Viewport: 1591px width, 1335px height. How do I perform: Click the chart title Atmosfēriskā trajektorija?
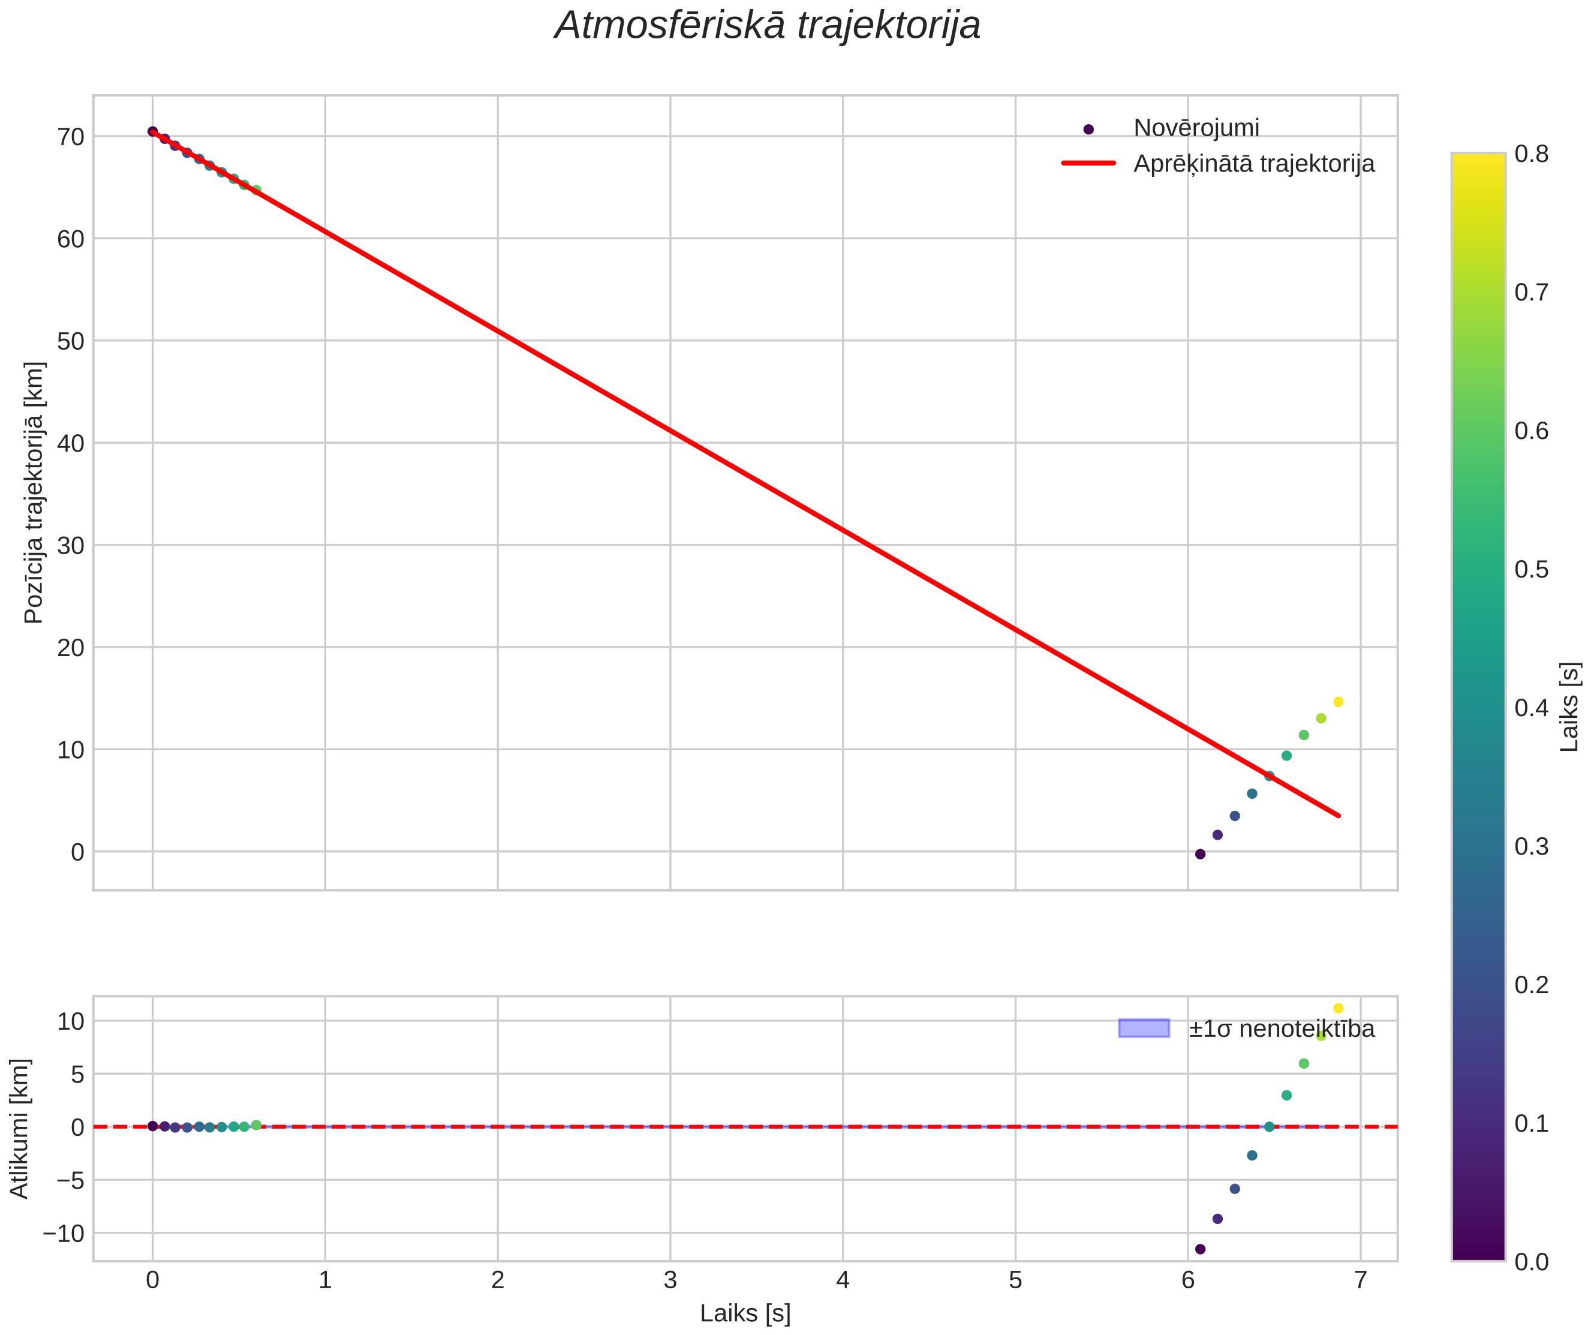(x=768, y=26)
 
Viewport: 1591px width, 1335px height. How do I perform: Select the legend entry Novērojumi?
(x=1196, y=128)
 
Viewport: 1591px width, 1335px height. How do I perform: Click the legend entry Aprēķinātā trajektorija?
(x=1254, y=164)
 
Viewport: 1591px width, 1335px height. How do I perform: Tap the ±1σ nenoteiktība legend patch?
(x=1144, y=1028)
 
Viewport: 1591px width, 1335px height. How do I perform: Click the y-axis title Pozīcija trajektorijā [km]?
(x=34, y=492)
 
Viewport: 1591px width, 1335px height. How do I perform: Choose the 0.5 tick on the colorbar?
(x=1531, y=570)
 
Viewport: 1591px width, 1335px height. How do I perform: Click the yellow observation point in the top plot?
(x=1338, y=702)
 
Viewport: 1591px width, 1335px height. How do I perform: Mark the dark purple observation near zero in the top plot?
(x=1200, y=854)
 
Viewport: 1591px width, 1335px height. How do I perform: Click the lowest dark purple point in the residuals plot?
(x=1200, y=1249)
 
